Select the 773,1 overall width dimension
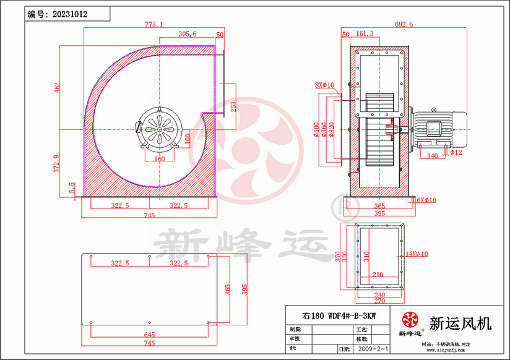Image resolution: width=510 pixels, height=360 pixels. click(x=153, y=25)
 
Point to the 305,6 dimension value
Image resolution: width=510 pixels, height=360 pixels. click(x=187, y=34)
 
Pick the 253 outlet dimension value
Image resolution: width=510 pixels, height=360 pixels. click(x=233, y=106)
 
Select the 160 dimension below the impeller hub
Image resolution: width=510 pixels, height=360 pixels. click(x=160, y=158)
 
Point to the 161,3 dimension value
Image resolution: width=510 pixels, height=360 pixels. click(x=365, y=34)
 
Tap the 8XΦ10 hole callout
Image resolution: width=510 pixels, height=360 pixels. click(x=324, y=85)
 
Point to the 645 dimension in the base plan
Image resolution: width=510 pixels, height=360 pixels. click(x=149, y=335)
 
